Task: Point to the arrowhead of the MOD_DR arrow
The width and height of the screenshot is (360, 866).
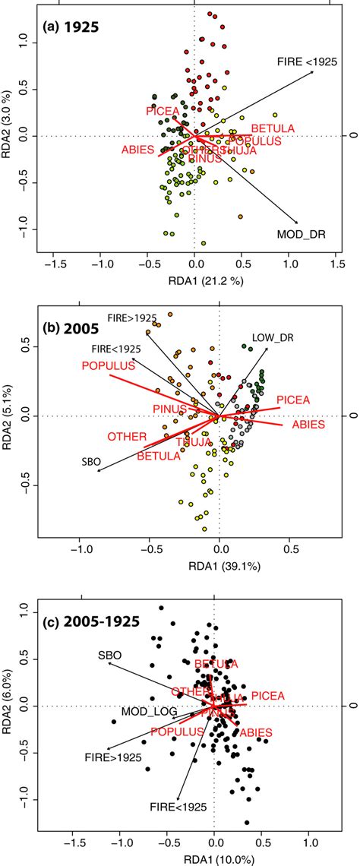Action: pyautogui.click(x=297, y=223)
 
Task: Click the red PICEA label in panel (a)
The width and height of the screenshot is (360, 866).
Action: pyautogui.click(x=163, y=112)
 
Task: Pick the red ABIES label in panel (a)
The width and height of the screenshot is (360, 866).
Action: pyautogui.click(x=137, y=150)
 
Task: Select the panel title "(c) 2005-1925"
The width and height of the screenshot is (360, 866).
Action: pyautogui.click(x=87, y=621)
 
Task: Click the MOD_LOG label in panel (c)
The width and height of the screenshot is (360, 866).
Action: pyautogui.click(x=149, y=712)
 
